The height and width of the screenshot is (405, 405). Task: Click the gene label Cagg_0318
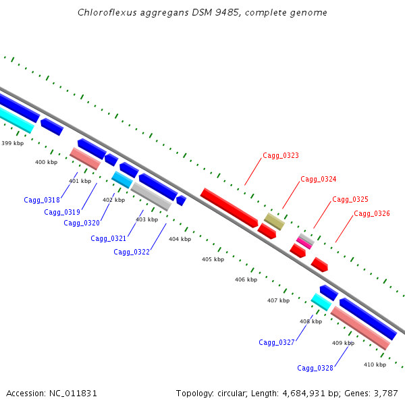pos(42,200)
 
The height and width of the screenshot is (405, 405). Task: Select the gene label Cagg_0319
pos(62,212)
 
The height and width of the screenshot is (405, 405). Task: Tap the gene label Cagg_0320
pos(82,223)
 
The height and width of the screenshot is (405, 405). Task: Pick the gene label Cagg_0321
pos(109,238)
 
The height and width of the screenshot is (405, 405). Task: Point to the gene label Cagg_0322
pos(132,252)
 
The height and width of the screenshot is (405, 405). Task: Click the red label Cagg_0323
pos(281,156)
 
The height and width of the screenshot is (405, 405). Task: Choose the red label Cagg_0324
pos(319,179)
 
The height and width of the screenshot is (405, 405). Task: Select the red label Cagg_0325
pos(350,200)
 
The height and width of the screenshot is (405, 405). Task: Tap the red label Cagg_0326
pos(372,214)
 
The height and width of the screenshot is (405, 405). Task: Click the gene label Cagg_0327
pos(277,343)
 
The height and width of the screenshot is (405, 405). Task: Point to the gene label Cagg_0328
pos(315,368)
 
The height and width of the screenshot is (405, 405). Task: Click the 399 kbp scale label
pos(12,143)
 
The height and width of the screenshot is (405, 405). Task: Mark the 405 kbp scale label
pos(213,259)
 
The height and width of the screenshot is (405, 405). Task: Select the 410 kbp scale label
pos(375,364)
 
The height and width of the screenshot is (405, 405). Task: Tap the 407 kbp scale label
pos(278,300)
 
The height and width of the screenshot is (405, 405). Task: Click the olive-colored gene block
pos(274,221)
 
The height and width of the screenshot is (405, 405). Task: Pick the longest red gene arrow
pos(229,207)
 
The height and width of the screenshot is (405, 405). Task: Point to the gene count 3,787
pos(384,393)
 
